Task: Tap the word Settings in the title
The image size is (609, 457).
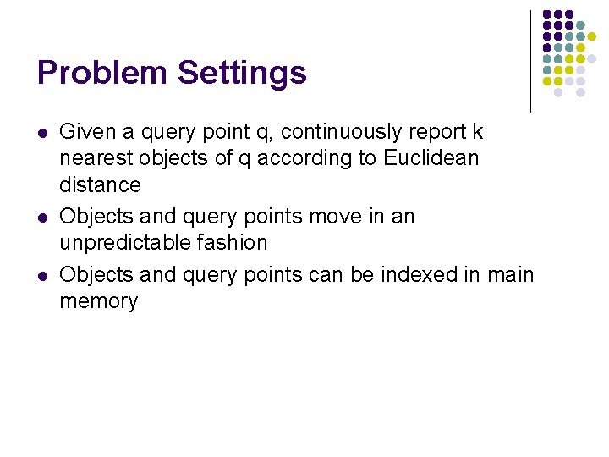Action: click(242, 74)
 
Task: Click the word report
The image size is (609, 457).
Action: click(441, 132)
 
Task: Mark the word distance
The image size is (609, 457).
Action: click(100, 184)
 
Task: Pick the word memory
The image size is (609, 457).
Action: click(98, 301)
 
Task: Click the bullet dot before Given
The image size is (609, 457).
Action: click(42, 133)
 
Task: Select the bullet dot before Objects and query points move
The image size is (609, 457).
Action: click(42, 217)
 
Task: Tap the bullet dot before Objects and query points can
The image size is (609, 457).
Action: click(42, 276)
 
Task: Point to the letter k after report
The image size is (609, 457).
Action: click(478, 132)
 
